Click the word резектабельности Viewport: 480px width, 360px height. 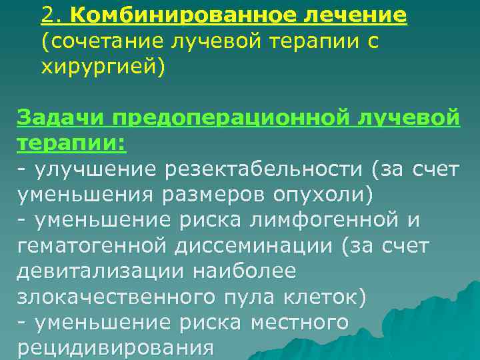(x=261, y=170)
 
